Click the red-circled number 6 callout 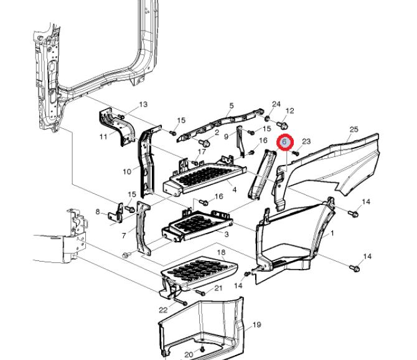pos(284,142)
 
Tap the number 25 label pos(354,130)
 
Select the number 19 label pos(256,325)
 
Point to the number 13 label pos(143,104)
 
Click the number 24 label pos(276,104)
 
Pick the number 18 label pos(222,252)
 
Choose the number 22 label pos(163,310)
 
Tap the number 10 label pos(127,172)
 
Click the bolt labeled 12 pos(282,125)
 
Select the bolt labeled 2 pos(205,143)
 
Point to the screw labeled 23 pos(296,153)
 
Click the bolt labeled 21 pos(201,293)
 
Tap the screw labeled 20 pos(203,349)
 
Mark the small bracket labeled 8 pos(116,213)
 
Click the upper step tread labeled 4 pos(204,177)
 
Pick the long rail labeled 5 pos(221,125)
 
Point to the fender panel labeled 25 pos(330,165)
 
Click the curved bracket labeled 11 pos(117,126)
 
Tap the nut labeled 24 pos(268,118)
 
